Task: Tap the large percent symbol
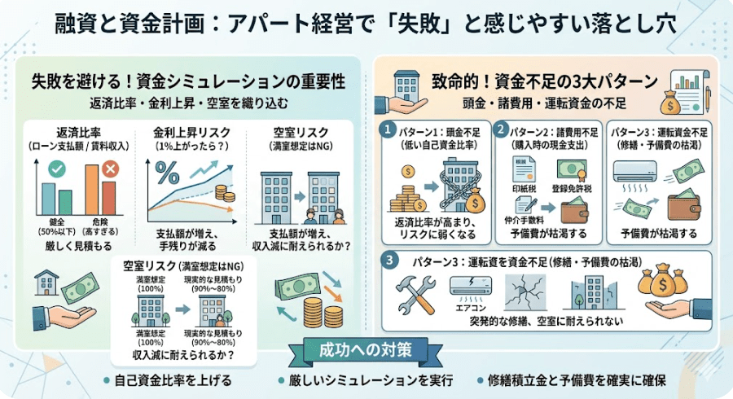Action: (167, 173)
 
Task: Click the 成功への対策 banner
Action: (366, 348)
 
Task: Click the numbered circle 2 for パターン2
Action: (503, 130)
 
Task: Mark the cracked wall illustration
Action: (525, 291)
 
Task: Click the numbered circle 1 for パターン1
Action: (389, 130)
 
